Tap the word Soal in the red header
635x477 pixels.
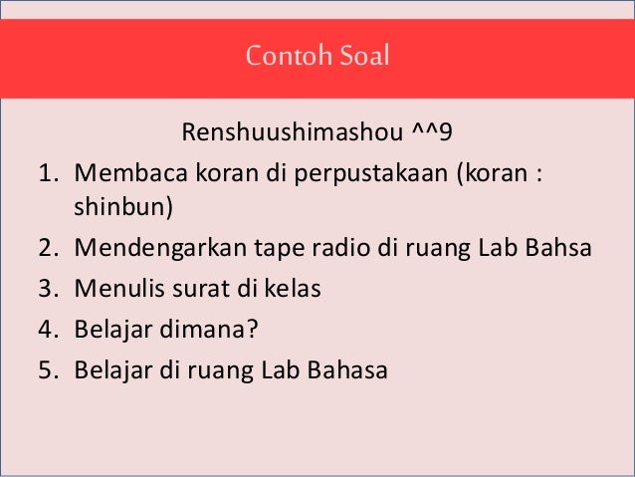click(363, 56)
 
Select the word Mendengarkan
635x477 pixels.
click(153, 249)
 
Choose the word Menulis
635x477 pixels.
click(114, 290)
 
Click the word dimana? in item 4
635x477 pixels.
click(196, 330)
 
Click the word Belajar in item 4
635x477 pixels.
click(109, 330)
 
